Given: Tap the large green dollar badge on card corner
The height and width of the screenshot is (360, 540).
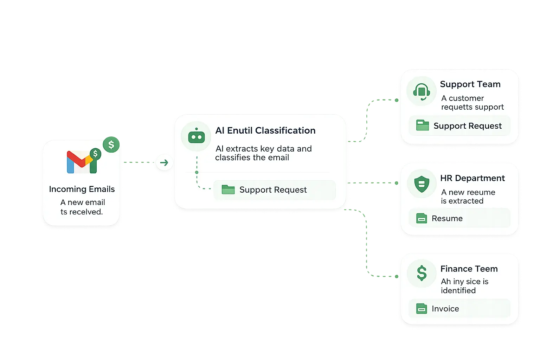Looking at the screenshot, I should (111, 144).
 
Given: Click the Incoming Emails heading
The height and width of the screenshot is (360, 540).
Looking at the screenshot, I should (82, 189).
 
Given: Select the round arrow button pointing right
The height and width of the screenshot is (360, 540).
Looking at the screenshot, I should (164, 163).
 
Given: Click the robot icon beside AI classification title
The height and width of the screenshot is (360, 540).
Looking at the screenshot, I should (196, 136).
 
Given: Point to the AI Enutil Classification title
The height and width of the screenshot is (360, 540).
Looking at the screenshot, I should (265, 130).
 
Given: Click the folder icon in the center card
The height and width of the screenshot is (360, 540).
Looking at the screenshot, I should (228, 190).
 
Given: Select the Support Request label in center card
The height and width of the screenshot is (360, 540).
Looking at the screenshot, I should (273, 190).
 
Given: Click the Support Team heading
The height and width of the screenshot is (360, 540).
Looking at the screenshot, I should (470, 84).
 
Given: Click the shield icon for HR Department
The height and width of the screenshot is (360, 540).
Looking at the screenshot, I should (422, 184).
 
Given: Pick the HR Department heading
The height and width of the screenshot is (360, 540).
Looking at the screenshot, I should (472, 178).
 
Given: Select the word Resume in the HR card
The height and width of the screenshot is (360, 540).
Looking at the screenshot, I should (447, 219).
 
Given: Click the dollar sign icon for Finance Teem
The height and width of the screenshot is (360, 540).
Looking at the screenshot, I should (422, 273).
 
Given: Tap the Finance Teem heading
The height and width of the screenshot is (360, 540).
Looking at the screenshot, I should (469, 269).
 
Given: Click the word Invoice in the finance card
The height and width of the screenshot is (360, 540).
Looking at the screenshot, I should (445, 309).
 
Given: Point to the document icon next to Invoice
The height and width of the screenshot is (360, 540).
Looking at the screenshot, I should (422, 309).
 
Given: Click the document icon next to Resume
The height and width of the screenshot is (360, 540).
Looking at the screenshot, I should (422, 219).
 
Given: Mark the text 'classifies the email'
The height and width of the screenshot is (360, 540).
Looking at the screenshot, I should (252, 158).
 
